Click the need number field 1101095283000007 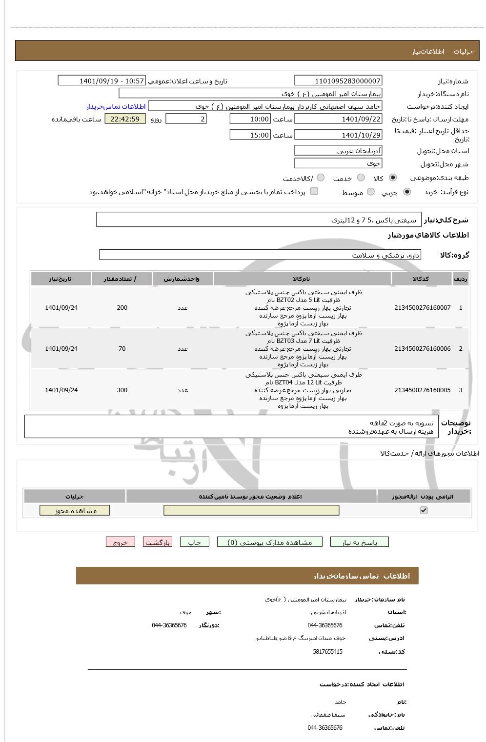click(338, 81)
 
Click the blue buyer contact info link click(116, 106)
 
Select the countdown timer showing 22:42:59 click(125, 119)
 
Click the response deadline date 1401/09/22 click(338, 119)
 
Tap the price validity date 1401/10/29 click(338, 135)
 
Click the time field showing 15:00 click(250, 135)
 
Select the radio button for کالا click(393, 178)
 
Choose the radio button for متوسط click(371, 192)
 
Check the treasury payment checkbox click(314, 191)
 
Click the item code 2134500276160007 click(422, 308)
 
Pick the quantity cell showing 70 click(122, 349)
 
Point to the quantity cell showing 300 click(122, 390)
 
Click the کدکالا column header click(421, 279)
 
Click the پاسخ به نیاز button click(360, 542)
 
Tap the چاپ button click(194, 542)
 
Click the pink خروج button click(120, 542)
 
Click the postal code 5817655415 click(327, 652)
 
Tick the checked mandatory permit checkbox click(424, 510)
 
